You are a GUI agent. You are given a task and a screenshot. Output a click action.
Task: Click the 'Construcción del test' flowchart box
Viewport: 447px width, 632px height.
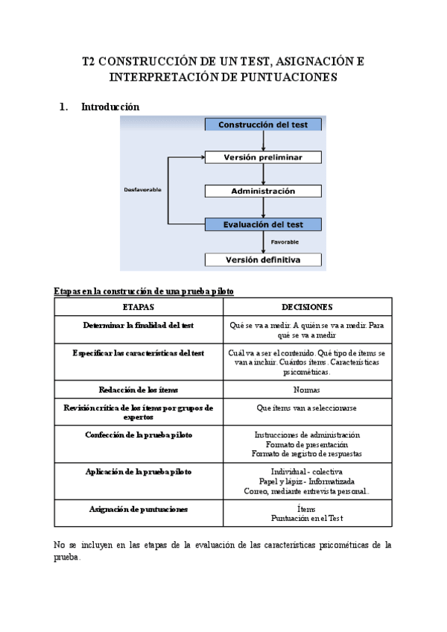coord(263,125)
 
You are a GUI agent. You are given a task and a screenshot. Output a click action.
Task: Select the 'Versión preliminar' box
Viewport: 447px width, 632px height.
coord(263,157)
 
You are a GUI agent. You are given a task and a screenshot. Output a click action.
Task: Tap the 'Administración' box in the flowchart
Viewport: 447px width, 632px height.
coord(263,191)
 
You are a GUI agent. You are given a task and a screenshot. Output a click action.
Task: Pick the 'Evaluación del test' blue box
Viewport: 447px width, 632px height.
coord(263,224)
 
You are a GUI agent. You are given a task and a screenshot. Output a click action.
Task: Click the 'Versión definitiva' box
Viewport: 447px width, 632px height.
coord(263,260)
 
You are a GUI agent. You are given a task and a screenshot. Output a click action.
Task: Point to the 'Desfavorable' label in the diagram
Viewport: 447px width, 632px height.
coord(142,190)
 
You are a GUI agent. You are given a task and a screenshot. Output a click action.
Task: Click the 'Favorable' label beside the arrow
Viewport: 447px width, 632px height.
coord(285,242)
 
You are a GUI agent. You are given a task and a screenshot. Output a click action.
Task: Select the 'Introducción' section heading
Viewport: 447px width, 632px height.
coord(110,107)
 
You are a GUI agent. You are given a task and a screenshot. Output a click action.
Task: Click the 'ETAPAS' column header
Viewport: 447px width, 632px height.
coord(139,307)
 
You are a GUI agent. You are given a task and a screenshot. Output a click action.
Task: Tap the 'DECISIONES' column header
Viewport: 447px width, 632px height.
coord(307,307)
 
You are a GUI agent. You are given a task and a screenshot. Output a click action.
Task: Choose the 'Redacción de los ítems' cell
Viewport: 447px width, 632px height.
coord(139,390)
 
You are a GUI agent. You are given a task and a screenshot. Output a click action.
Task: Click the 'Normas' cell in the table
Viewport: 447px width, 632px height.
coord(307,390)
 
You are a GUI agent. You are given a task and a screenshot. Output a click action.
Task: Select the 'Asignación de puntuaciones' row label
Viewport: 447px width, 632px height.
coord(139,509)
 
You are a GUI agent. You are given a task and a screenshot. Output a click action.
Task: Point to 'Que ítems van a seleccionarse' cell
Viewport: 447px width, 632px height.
coord(307,408)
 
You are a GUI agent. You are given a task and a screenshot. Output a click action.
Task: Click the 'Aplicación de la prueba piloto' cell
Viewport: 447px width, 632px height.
coord(139,472)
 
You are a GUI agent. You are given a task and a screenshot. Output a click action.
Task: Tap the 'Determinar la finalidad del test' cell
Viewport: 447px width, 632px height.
coord(139,325)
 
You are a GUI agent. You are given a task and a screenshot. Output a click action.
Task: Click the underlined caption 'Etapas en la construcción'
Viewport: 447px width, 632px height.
coord(144,291)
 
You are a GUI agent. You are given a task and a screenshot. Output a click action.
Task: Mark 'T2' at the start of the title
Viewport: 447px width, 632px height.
coord(89,62)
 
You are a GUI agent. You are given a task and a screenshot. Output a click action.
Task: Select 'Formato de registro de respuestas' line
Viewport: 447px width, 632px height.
coord(307,453)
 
